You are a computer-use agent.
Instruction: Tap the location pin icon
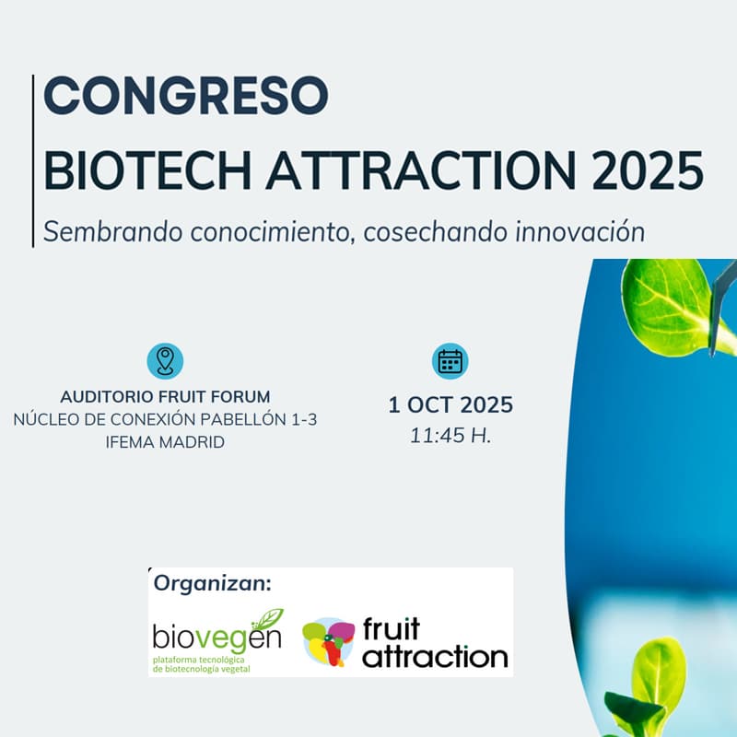coord(165,360)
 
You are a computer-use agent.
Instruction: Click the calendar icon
coord(450,361)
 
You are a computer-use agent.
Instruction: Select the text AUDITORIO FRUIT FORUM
coord(165,397)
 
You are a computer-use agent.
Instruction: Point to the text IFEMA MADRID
coord(165,441)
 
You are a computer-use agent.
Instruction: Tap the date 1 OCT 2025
coord(450,405)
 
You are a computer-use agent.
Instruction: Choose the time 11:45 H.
coord(450,437)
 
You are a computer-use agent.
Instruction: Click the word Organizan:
coord(213,583)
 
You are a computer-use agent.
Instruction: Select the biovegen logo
coord(217,638)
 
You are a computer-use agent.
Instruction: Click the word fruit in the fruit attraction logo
coord(391,629)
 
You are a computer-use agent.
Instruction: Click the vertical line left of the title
coord(34,161)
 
